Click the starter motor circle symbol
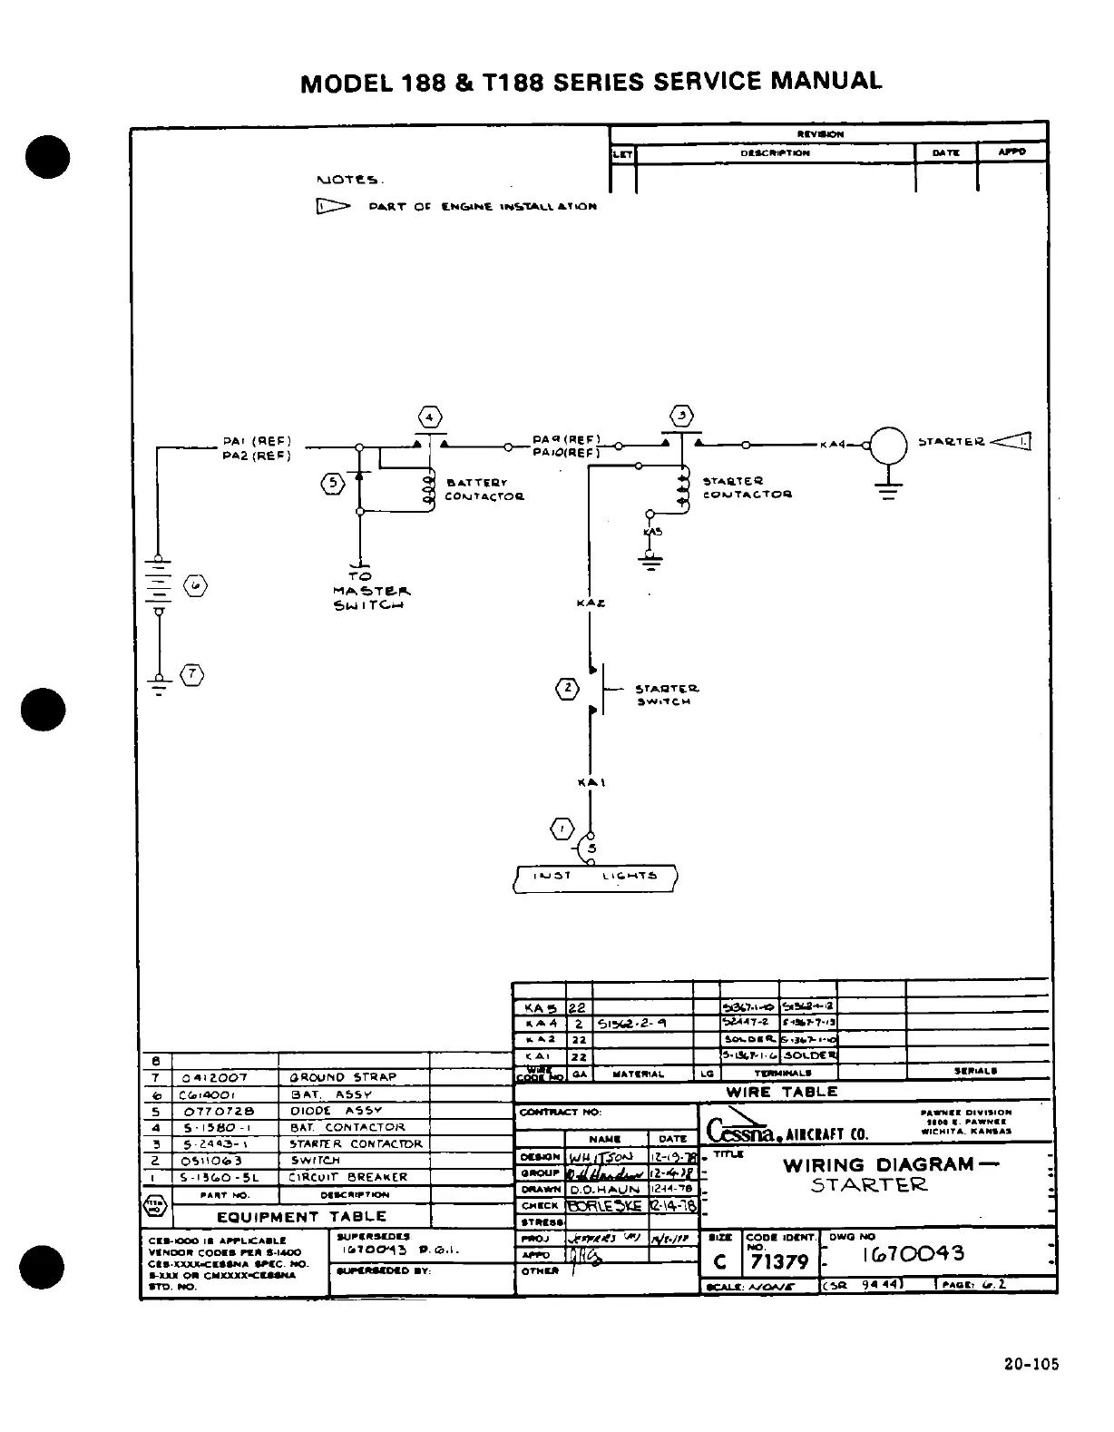[888, 445]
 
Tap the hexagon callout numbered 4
[429, 417]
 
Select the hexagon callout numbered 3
[682, 417]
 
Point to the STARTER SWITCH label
[667, 695]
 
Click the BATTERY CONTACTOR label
[484, 490]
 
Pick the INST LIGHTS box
[595, 878]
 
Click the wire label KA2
[591, 603]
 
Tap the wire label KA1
[591, 782]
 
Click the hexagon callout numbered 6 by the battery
[196, 586]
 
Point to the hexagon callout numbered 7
[191, 674]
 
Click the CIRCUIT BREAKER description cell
[348, 1177]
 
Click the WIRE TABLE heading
[782, 1092]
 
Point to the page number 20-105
[1031, 1363]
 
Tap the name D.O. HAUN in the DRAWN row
[605, 1189]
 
